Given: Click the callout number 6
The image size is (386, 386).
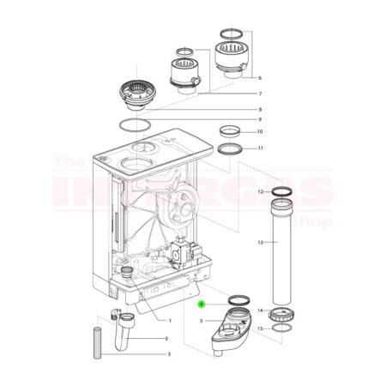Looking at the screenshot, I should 259,78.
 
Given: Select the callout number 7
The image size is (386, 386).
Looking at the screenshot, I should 259,93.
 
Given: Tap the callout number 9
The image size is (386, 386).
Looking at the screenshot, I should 259,119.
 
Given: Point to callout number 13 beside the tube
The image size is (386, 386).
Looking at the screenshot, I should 259,243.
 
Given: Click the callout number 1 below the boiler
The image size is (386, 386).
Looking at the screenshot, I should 170,321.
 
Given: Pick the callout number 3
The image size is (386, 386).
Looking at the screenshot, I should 169,353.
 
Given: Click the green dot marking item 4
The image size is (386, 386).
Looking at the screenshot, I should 202,303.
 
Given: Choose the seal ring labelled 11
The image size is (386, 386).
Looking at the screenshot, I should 230,150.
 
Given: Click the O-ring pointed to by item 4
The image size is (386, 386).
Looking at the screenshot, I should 237,299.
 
